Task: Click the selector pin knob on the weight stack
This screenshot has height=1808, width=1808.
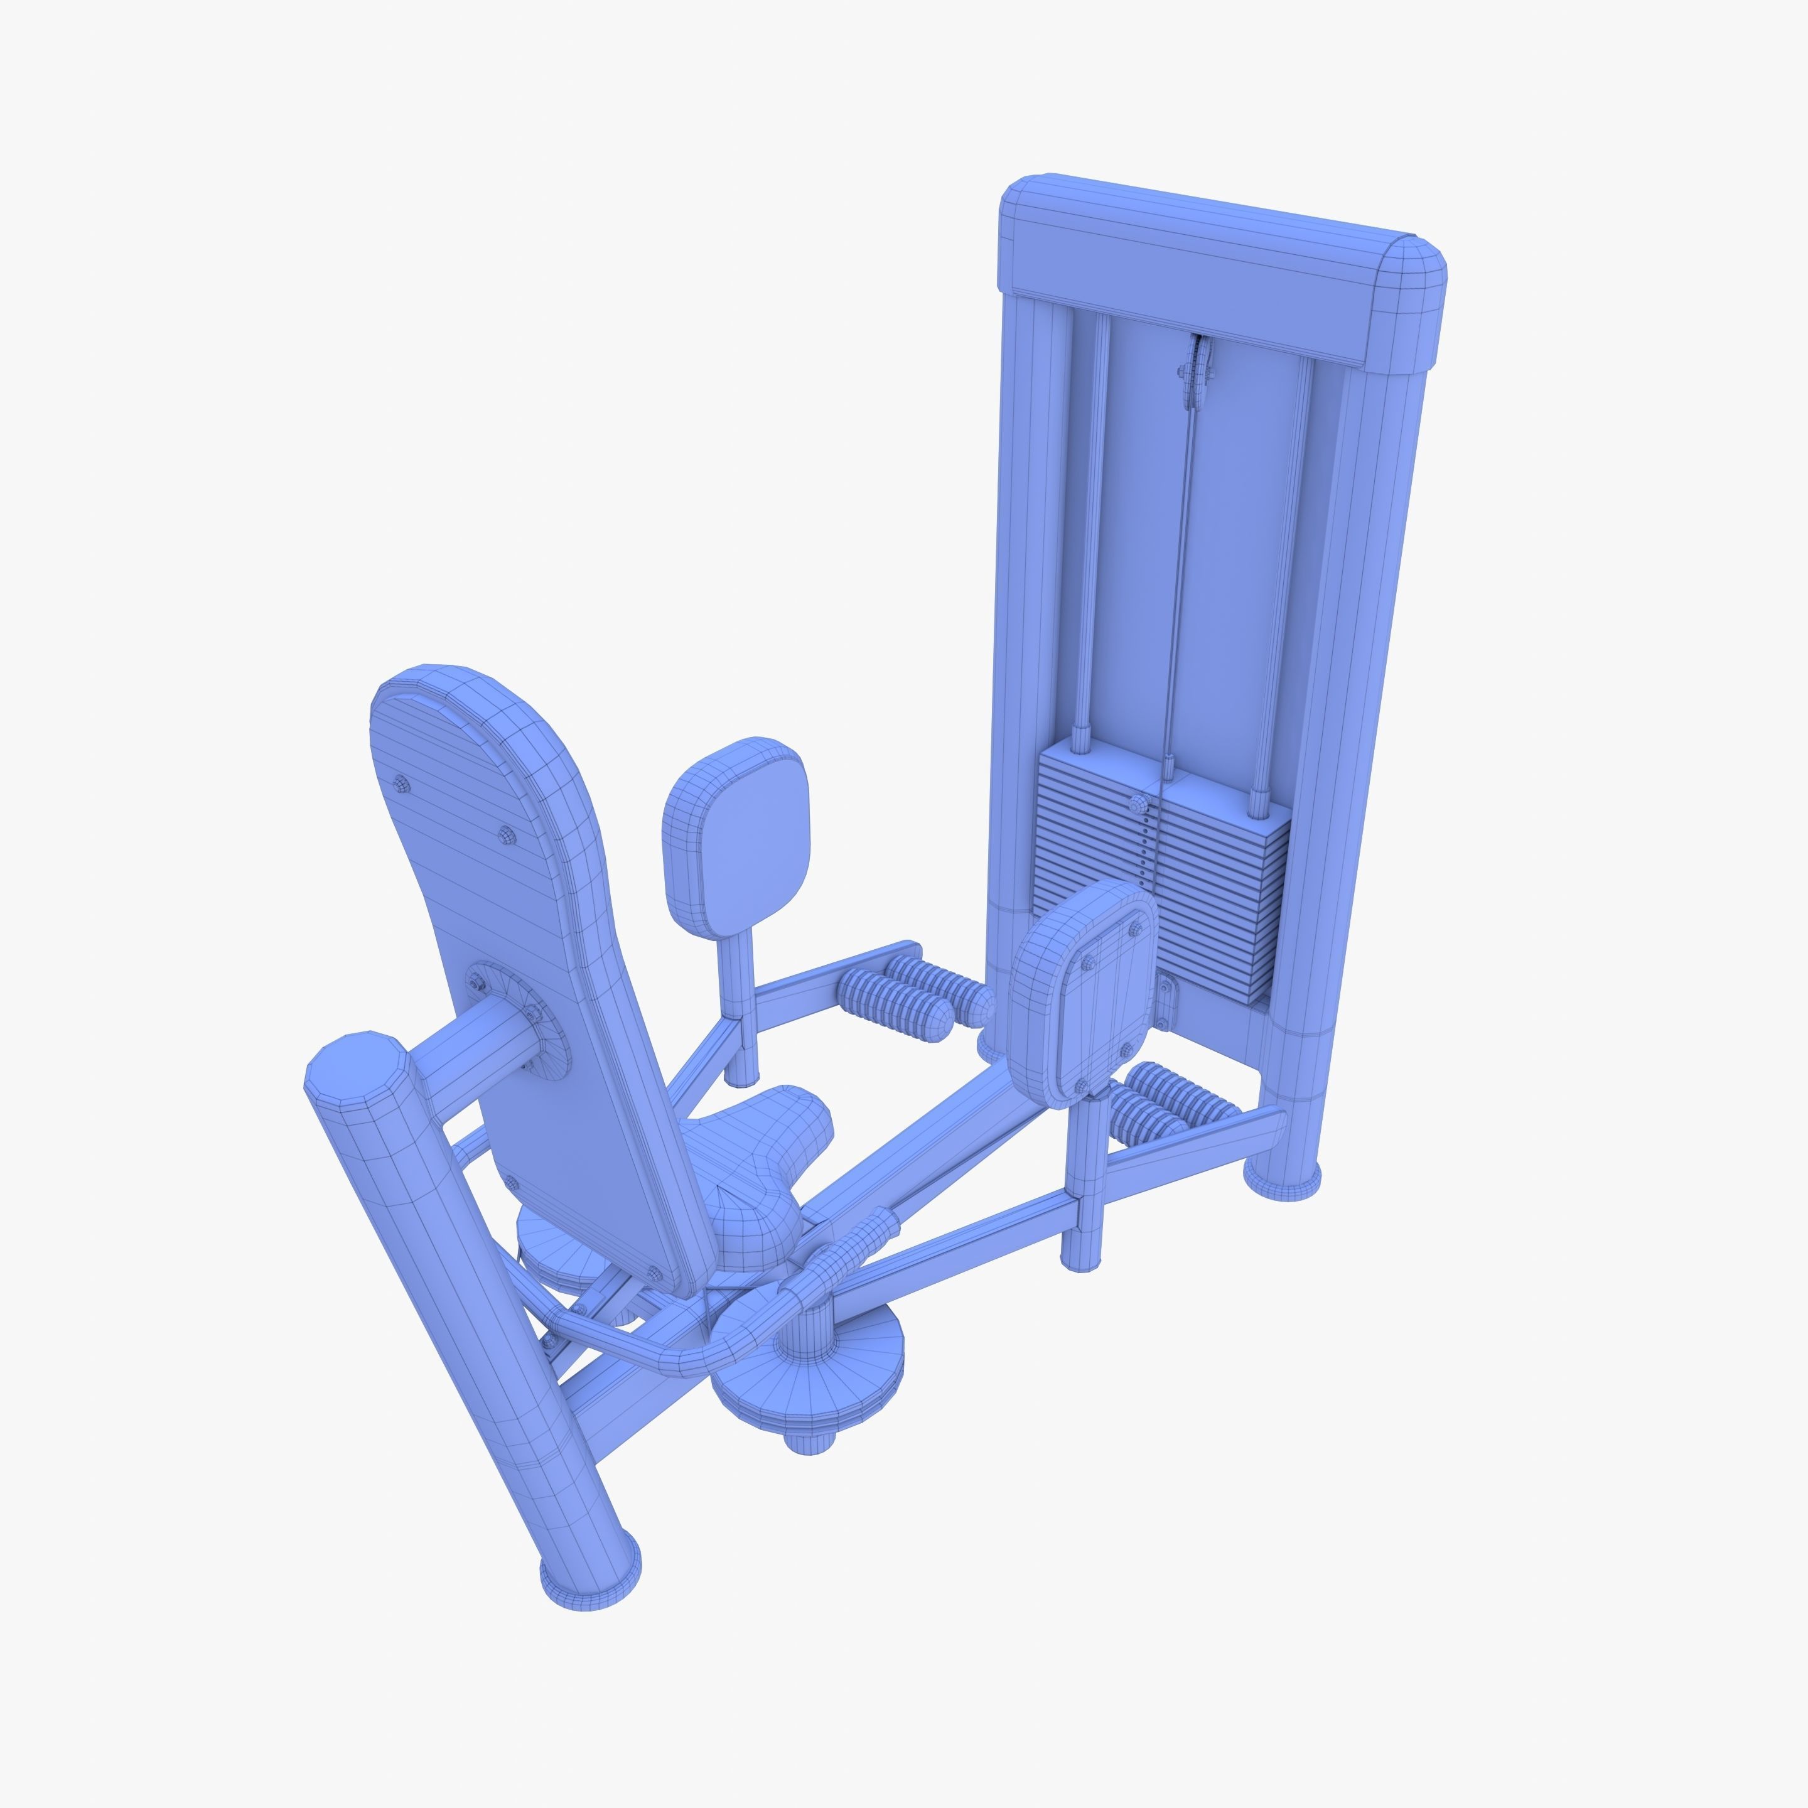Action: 1138,803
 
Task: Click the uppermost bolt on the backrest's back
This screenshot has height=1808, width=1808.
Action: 402,784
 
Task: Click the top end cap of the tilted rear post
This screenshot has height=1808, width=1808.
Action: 355,1067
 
